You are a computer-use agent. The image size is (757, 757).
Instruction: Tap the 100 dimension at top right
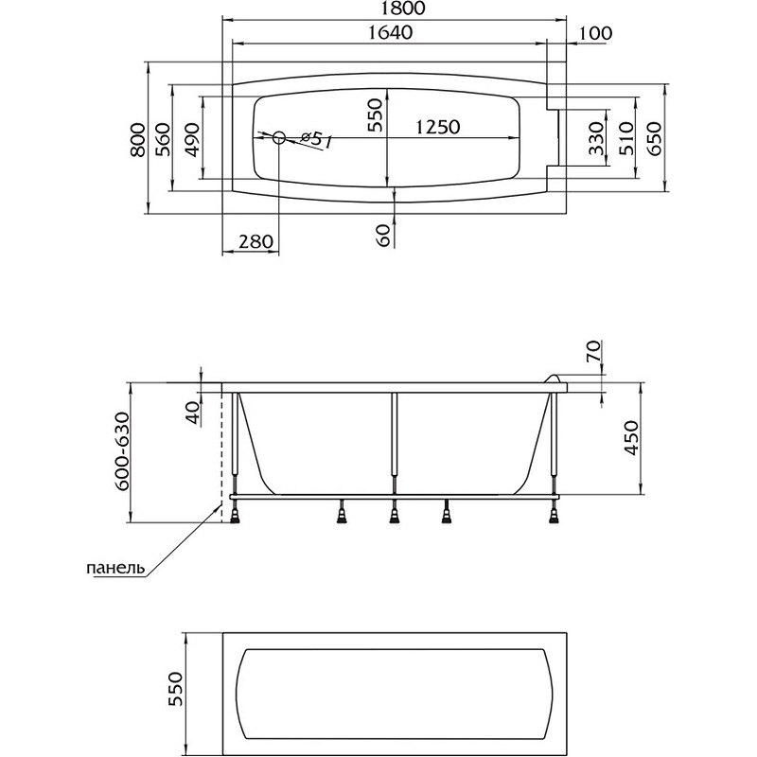pyautogui.click(x=594, y=33)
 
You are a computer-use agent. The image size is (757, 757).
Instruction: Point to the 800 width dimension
pyautogui.click(x=139, y=139)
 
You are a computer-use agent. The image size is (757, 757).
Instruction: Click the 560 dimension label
pyautogui.click(x=163, y=139)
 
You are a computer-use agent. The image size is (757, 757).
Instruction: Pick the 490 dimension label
pyautogui.click(x=192, y=139)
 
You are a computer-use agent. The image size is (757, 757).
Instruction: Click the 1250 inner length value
pyautogui.click(x=436, y=128)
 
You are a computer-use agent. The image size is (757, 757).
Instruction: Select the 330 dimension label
pyautogui.click(x=595, y=139)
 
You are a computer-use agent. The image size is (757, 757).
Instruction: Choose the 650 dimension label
pyautogui.click(x=653, y=139)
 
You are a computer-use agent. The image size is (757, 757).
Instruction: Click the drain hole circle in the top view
pyautogui.click(x=279, y=138)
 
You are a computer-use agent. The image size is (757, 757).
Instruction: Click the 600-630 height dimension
pyautogui.click(x=121, y=451)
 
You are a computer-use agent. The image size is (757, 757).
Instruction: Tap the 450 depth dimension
pyautogui.click(x=633, y=438)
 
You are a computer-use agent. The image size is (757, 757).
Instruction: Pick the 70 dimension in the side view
pyautogui.click(x=593, y=354)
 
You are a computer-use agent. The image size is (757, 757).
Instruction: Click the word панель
pyautogui.click(x=115, y=569)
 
